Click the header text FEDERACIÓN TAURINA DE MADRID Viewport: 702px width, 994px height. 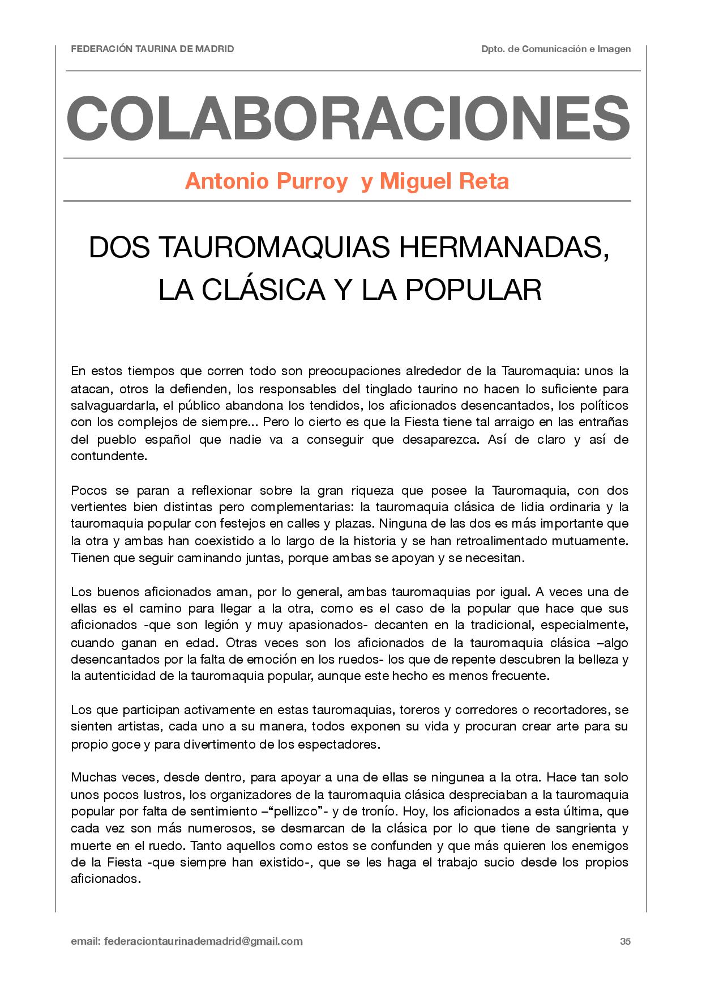[x=152, y=49]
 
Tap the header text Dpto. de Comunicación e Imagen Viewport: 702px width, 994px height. [x=555, y=49]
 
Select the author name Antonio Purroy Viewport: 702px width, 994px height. [x=266, y=181]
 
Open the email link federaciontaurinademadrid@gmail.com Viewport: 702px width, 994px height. [x=203, y=941]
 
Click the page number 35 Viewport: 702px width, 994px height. [x=625, y=941]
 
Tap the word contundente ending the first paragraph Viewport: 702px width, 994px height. [x=108, y=456]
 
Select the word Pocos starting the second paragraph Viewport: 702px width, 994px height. [x=89, y=490]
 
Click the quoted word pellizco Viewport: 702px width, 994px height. [x=299, y=812]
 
